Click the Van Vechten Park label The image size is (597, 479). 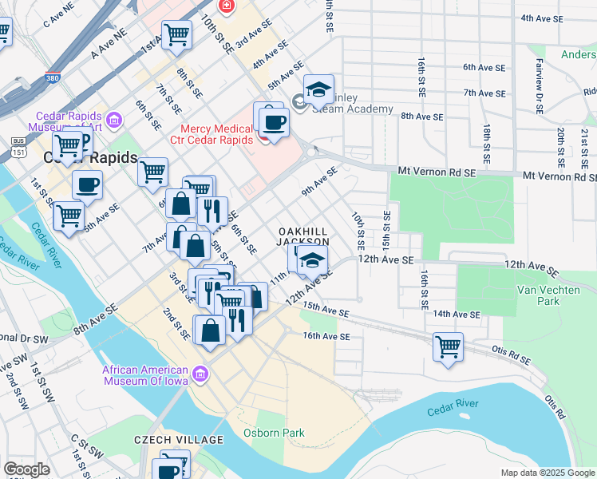pyautogui.click(x=538, y=295)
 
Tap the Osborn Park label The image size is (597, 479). pyautogui.click(x=274, y=433)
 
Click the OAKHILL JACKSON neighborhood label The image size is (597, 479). pyautogui.click(x=303, y=236)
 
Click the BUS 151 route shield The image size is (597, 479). pyautogui.click(x=18, y=146)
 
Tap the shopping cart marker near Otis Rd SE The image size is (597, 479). pyautogui.click(x=449, y=347)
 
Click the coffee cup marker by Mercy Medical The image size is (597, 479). pyautogui.click(x=275, y=123)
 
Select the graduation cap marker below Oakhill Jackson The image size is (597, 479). pyautogui.click(x=313, y=261)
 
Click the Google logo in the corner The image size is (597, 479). pyautogui.click(x=26, y=469)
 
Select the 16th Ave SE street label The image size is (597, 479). pyautogui.click(x=326, y=337)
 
